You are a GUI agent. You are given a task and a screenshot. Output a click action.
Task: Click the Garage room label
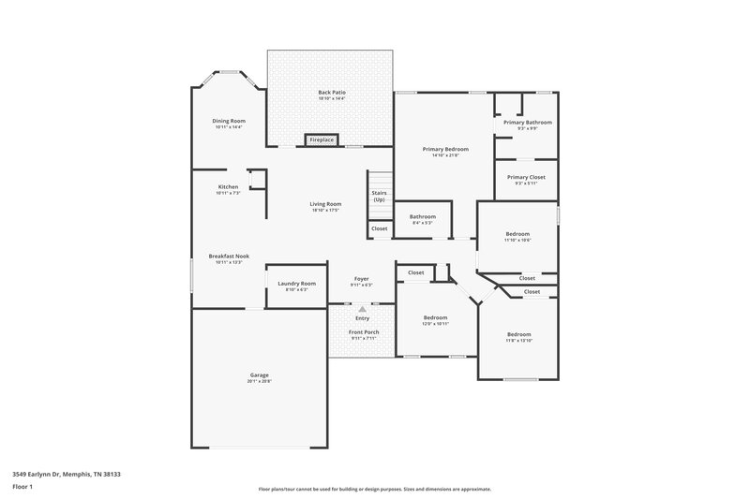click(x=259, y=374)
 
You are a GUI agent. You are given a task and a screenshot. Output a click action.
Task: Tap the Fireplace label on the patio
click(x=322, y=140)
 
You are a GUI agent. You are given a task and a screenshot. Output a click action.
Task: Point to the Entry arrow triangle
click(x=362, y=308)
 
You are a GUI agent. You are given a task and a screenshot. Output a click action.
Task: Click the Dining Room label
click(x=229, y=121)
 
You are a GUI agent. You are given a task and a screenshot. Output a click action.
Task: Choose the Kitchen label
click(x=228, y=186)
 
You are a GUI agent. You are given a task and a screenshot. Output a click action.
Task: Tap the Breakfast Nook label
click(x=229, y=256)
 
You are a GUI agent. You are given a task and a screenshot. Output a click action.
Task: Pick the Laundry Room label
click(x=296, y=283)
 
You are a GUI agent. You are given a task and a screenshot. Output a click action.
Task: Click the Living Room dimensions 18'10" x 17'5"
click(x=326, y=211)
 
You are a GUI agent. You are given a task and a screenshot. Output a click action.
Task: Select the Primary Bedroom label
click(x=444, y=149)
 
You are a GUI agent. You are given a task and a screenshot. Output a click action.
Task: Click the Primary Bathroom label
click(x=527, y=122)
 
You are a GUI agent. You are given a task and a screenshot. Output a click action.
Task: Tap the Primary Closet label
click(x=526, y=177)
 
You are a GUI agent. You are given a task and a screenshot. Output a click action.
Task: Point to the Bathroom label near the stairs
click(x=423, y=216)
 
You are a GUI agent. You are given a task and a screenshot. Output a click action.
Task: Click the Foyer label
click(x=361, y=279)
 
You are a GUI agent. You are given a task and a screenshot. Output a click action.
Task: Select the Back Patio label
click(x=331, y=92)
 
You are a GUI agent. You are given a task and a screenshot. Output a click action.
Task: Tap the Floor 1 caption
click(x=22, y=487)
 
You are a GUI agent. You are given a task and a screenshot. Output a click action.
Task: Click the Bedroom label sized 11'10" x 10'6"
click(x=517, y=234)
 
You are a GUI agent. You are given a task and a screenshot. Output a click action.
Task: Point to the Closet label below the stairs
click(x=379, y=228)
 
